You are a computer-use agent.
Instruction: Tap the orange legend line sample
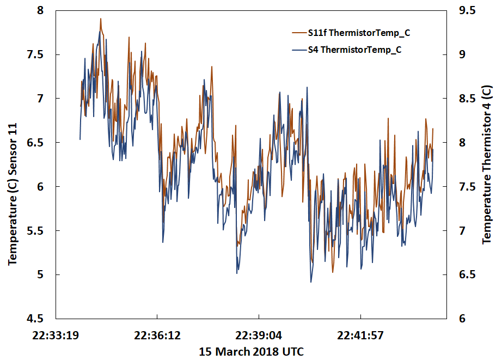[299, 33]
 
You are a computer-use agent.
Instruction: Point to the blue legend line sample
[299, 50]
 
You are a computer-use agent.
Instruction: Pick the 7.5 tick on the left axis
[40, 54]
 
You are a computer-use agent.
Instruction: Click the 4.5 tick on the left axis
[40, 319]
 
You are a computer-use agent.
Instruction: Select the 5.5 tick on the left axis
[40, 230]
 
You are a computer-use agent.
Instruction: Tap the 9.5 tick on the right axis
[468, 10]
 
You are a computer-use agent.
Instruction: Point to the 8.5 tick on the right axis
[468, 99]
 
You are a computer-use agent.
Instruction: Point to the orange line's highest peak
[101, 19]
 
